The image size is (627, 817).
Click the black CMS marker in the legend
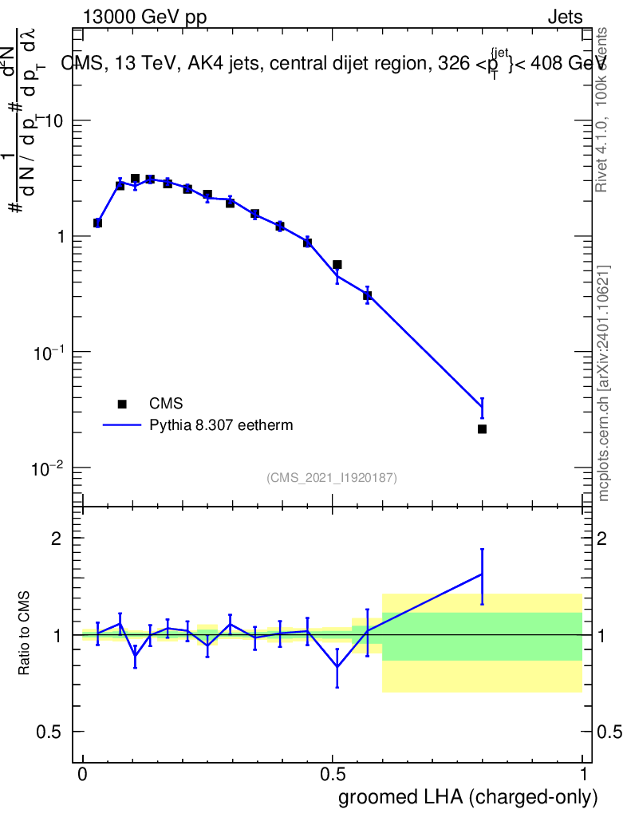point(122,404)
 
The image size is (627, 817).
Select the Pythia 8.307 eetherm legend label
point(221,425)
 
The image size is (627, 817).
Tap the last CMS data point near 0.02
point(482,429)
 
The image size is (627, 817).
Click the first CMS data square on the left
point(97,223)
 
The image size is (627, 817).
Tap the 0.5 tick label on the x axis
point(333,775)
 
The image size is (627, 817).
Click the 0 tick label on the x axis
point(83,775)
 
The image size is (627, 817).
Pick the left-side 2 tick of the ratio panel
point(56,539)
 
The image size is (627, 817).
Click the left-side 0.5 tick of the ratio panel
point(49,732)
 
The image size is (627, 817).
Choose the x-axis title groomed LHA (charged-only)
point(469,797)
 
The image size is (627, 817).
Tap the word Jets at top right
point(565,18)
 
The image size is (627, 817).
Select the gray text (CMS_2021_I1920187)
point(332,478)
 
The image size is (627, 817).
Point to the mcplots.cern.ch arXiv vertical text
point(605,383)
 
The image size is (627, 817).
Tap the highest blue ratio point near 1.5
point(482,574)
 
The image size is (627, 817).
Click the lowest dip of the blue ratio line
point(337,666)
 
